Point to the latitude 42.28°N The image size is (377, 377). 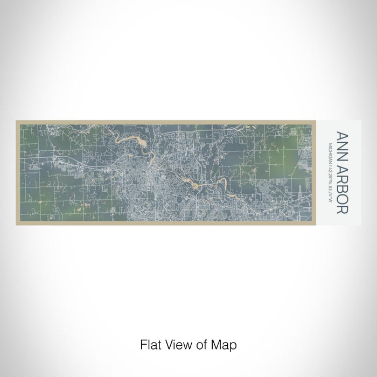click(330, 173)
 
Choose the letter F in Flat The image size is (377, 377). click(143, 344)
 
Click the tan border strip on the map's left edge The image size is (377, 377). click(18, 172)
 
